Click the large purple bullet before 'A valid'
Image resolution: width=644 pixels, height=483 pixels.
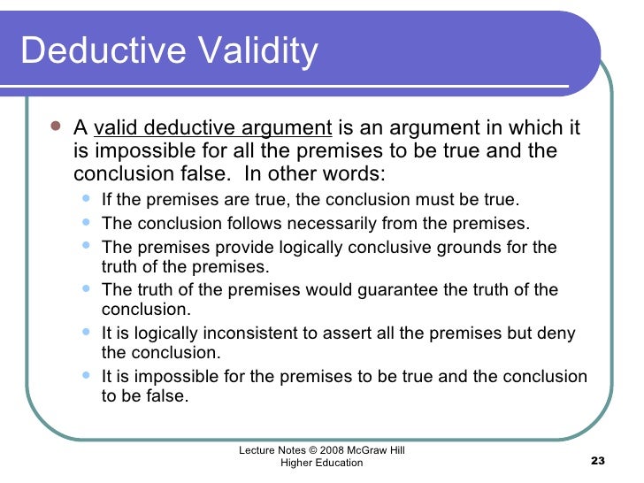55,127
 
